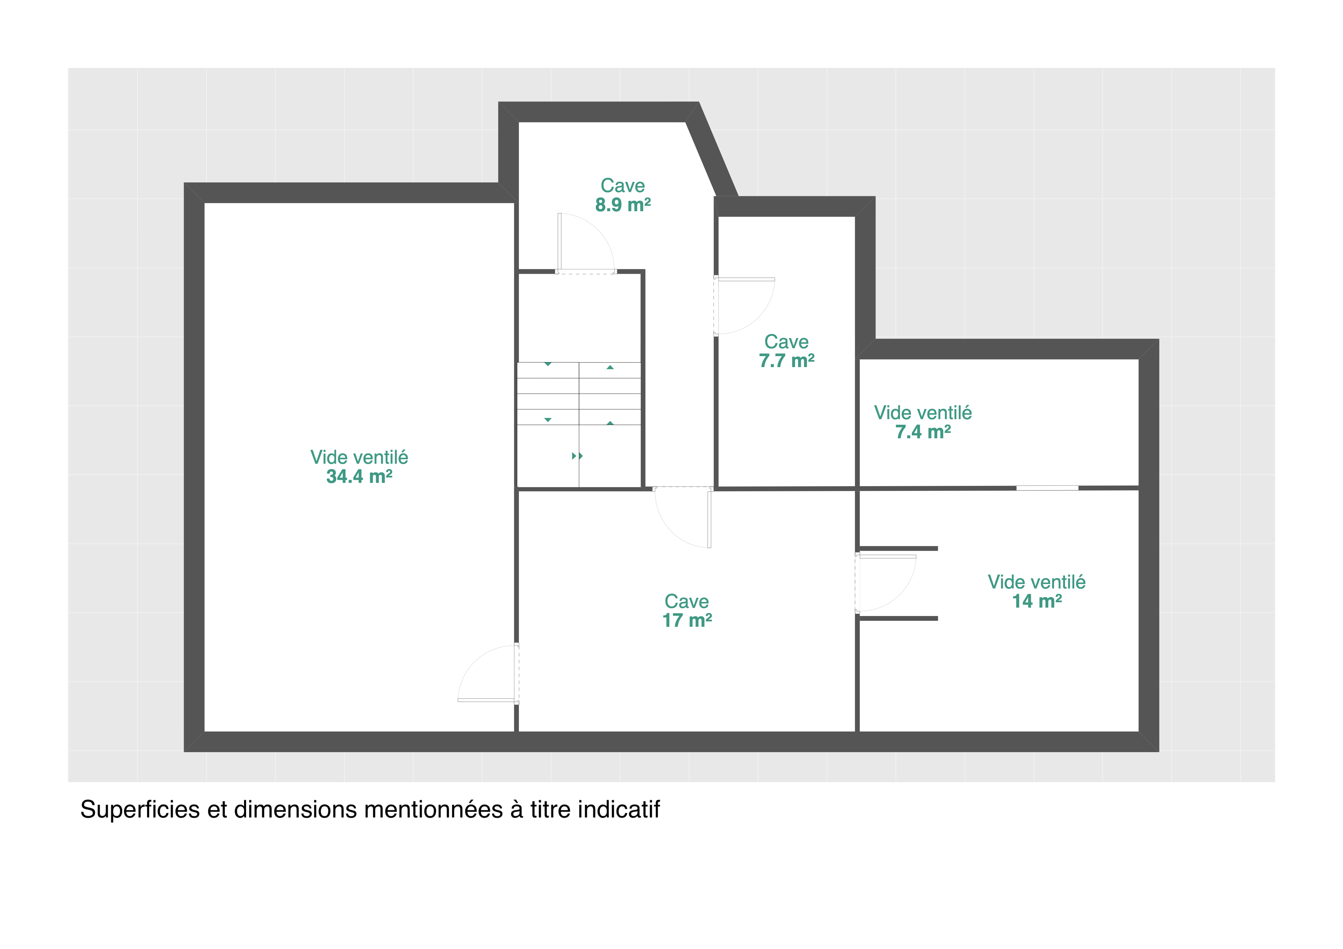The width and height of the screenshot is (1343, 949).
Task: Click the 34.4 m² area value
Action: point(359,477)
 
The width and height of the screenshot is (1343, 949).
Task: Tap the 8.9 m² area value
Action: point(623,205)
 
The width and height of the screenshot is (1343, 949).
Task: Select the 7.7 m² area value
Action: point(787,361)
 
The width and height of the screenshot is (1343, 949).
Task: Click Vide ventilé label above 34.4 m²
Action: point(359,457)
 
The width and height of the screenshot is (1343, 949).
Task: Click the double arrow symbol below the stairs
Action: point(577,456)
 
